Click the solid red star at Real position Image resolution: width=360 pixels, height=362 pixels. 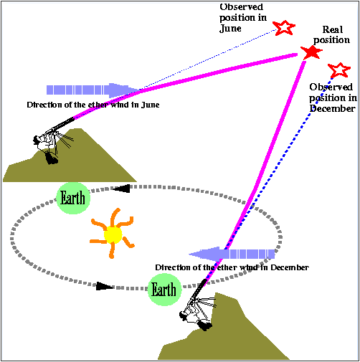point(311,52)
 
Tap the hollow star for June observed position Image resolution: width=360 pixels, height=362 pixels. point(284,28)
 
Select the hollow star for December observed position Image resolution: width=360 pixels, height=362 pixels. point(339,70)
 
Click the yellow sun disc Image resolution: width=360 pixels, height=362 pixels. point(113,234)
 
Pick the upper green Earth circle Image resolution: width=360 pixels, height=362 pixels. point(73,198)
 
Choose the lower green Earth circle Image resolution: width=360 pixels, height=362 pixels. point(164,290)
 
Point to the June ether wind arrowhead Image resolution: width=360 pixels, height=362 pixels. point(123,90)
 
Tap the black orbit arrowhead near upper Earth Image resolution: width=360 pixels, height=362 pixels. point(121,189)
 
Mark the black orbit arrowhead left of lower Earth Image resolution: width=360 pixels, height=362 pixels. point(105,286)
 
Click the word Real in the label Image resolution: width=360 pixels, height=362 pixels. point(333,29)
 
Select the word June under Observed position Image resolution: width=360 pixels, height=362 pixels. point(230,29)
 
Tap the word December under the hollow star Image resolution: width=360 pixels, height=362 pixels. point(332,108)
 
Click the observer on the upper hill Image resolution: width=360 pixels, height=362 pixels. point(47,146)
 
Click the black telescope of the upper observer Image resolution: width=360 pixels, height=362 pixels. point(62,124)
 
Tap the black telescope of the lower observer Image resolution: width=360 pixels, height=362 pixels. point(199,289)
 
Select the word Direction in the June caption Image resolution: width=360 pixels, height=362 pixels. point(42,105)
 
